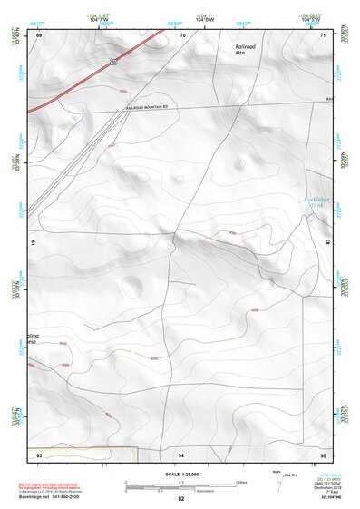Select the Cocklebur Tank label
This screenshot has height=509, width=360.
pos(314,202)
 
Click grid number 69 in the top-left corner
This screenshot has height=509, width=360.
pos(39,35)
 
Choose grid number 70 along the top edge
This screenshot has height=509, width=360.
pos(182,35)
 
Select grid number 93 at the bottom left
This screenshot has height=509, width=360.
pos(39,453)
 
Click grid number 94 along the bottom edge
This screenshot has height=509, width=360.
pos(181,453)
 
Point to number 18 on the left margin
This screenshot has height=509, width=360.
pos(33,244)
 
